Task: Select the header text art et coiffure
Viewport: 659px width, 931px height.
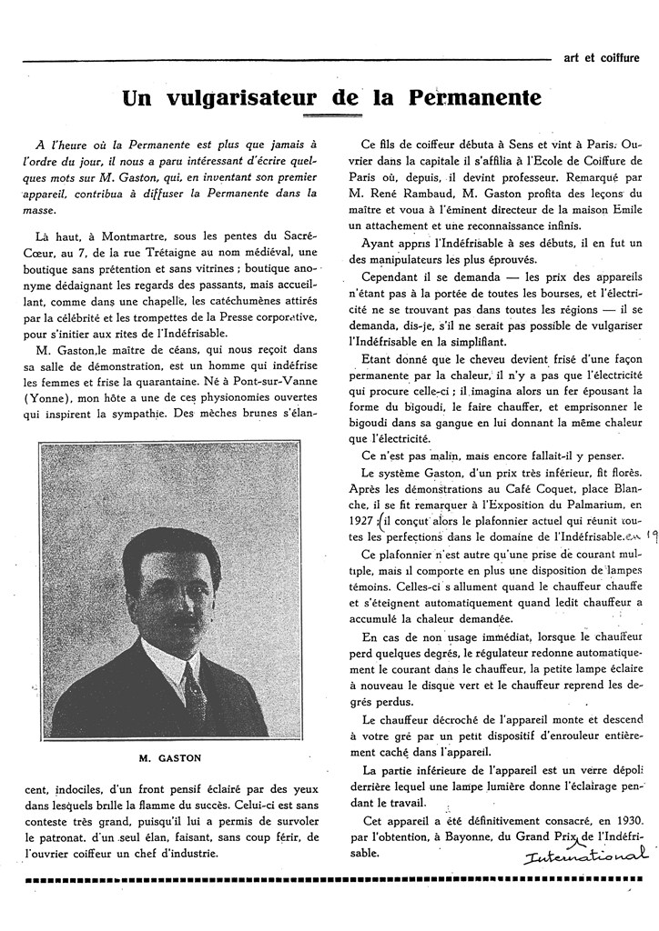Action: [x=602, y=57]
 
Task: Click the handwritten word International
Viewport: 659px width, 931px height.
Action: [x=586, y=856]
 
